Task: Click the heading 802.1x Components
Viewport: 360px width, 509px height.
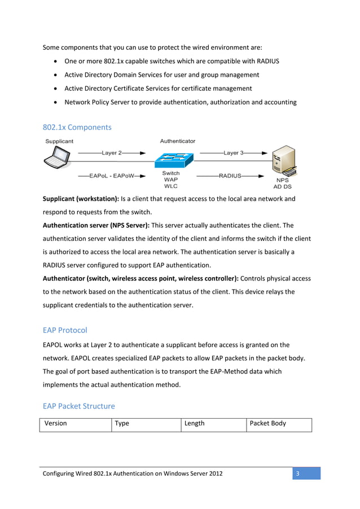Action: click(x=77, y=127)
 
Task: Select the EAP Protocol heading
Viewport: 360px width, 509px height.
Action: click(x=65, y=330)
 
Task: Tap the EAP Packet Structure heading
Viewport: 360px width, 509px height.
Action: click(x=78, y=406)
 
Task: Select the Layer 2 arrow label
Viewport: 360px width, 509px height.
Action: click(x=112, y=152)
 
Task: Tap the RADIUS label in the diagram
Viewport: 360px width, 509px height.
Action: click(x=230, y=175)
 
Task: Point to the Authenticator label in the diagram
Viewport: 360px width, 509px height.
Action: click(x=178, y=141)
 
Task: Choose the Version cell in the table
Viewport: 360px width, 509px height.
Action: click(x=55, y=423)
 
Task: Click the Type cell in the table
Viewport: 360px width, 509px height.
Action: click(x=122, y=423)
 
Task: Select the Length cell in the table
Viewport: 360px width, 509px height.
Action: click(x=195, y=423)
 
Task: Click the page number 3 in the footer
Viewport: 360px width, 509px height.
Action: click(x=297, y=473)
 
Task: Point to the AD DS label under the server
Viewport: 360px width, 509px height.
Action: click(x=282, y=186)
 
